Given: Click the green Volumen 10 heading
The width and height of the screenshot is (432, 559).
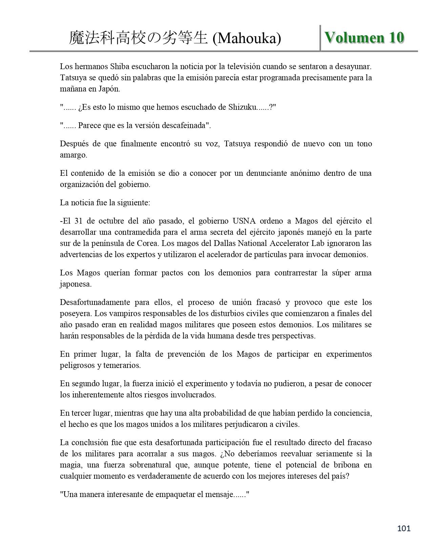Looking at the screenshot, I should pyautogui.click(x=364, y=38).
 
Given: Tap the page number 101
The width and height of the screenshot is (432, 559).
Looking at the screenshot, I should pyautogui.click(x=404, y=528).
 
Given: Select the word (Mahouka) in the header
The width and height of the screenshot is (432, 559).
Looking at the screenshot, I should pyautogui.click(x=247, y=39).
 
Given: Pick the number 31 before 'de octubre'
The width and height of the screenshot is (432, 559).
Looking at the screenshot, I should pyautogui.click(x=78, y=221).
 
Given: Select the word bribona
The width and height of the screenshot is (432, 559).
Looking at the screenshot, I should pyautogui.click(x=346, y=465).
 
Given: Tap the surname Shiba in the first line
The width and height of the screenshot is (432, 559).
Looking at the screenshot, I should pyautogui.click(x=120, y=66).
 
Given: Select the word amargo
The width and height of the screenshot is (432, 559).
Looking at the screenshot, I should pyautogui.click(x=73, y=155).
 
